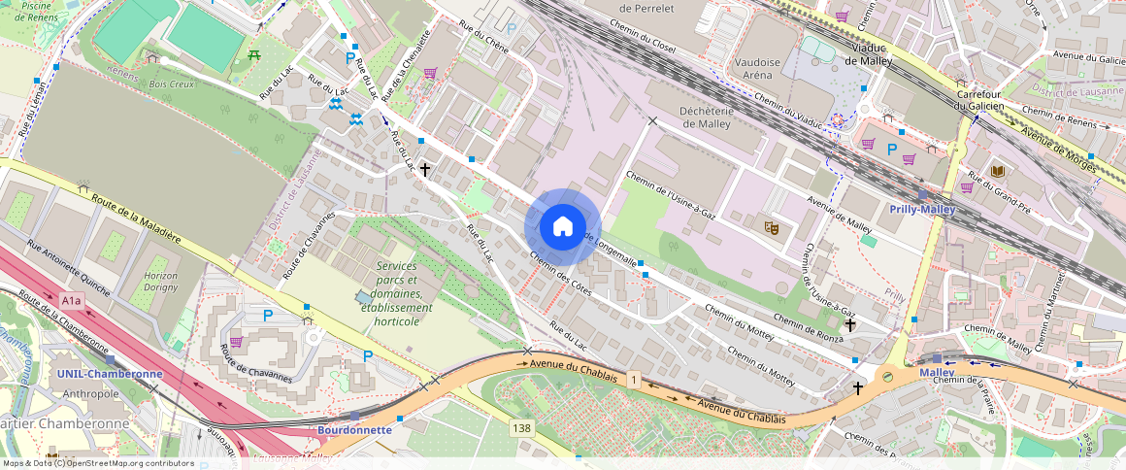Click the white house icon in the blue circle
tap(562, 227)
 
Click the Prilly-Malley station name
tap(922, 209)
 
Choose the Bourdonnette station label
tap(354, 429)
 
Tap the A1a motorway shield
tap(72, 301)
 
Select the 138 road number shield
tap(522, 427)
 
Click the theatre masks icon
tap(772, 227)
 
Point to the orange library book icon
tap(998, 172)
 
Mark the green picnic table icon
tap(254, 55)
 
